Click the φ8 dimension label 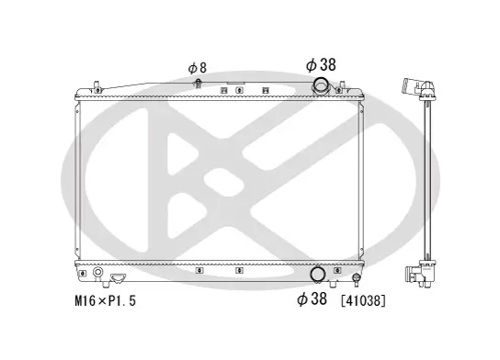point(197,67)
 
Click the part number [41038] point(363,300)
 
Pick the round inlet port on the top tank point(321,87)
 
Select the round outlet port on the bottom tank point(317,274)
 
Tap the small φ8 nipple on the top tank point(199,85)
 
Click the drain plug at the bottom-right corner point(356,277)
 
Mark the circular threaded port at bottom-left point(98,273)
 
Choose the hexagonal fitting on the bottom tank point(118,276)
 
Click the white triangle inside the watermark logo point(181,156)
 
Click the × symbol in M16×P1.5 point(99,300)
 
